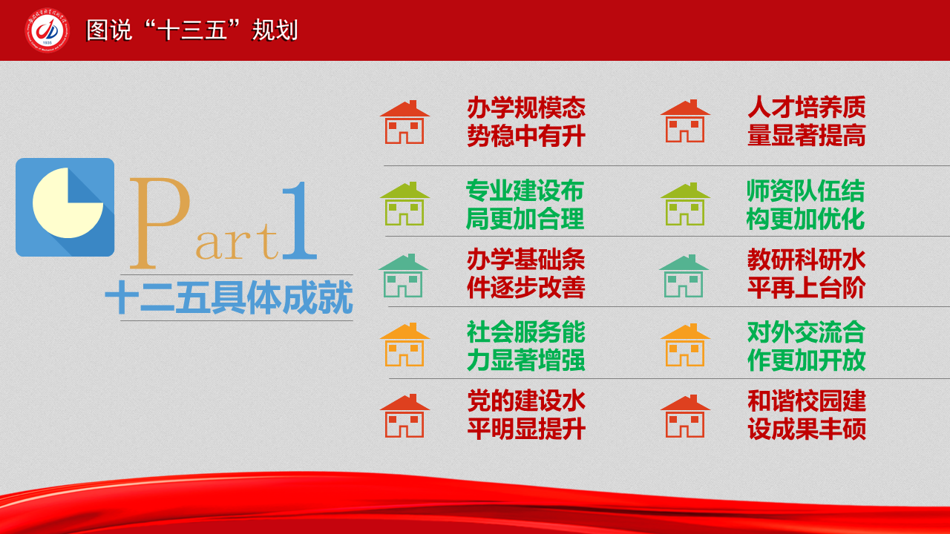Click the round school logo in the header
click(x=47, y=30)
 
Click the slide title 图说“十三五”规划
click(x=192, y=30)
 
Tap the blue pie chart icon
click(x=65, y=207)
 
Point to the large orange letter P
click(x=160, y=223)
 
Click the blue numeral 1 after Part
click(x=300, y=220)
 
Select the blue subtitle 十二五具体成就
click(x=229, y=297)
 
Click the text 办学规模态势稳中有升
click(x=526, y=122)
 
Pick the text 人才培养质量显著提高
click(x=807, y=121)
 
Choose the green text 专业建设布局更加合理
click(x=525, y=205)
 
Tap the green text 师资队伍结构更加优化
click(x=806, y=205)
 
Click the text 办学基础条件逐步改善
click(x=526, y=274)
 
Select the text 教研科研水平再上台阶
click(x=807, y=274)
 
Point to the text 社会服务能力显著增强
click(x=526, y=346)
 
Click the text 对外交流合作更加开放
click(x=807, y=346)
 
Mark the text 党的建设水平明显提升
click(x=527, y=415)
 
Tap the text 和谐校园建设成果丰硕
click(x=807, y=415)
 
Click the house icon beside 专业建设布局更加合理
click(x=404, y=204)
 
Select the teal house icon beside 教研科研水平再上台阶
click(x=684, y=276)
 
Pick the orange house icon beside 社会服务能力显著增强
click(x=404, y=345)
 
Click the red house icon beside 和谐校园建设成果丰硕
click(x=685, y=416)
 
